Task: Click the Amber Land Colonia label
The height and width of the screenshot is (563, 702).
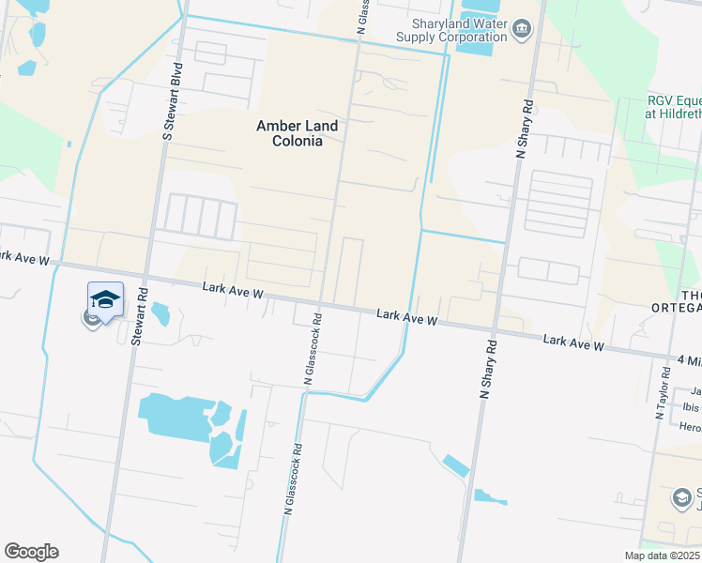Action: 290,133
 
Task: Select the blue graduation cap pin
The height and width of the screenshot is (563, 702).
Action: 105,300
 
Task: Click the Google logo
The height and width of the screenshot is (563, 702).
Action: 31,552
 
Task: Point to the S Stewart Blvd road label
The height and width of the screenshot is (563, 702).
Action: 170,102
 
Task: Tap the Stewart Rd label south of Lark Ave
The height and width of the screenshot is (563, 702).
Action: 137,315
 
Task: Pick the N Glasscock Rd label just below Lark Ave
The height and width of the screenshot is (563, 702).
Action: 313,350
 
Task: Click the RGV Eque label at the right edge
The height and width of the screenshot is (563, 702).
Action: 673,106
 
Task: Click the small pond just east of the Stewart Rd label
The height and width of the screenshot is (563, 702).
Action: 160,312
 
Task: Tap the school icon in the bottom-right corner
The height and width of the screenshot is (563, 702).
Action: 682,498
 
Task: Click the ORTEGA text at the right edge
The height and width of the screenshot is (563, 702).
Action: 677,307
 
